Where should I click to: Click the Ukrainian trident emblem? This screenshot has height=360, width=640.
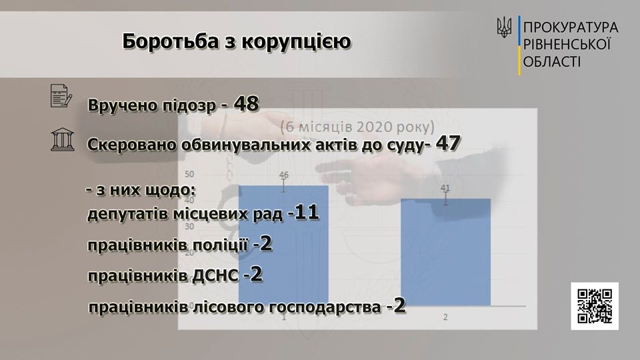[504, 28]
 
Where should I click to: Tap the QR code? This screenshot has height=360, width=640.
[595, 306]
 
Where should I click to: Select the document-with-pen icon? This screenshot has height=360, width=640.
[61, 96]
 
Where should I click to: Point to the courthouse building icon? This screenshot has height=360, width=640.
[63, 139]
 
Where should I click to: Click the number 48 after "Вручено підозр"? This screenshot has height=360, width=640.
[246, 104]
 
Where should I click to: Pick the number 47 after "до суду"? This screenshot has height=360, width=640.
[448, 143]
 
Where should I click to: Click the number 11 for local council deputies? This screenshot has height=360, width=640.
[306, 213]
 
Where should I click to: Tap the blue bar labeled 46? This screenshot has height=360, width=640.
[283, 245]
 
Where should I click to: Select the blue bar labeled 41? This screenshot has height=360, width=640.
[446, 252]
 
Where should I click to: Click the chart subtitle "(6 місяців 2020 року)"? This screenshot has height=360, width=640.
[357, 127]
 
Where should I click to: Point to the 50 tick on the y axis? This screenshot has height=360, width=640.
[189, 174]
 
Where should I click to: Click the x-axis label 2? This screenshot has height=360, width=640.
[445, 317]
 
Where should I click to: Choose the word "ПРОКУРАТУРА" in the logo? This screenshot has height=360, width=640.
[571, 27]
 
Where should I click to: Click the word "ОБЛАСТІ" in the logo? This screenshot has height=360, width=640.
[552, 62]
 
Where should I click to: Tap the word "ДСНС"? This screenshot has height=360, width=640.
[215, 276]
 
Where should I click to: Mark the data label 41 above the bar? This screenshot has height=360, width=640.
[445, 188]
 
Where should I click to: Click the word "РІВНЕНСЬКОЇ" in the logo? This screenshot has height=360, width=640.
[567, 45]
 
